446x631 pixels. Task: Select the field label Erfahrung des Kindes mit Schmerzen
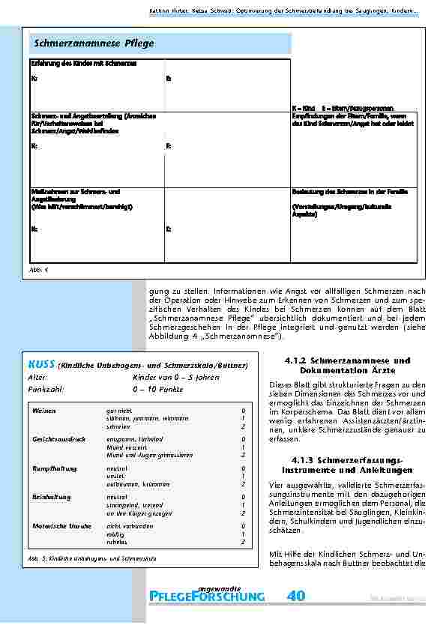point(83,64)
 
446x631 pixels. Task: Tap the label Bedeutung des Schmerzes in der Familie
point(349,192)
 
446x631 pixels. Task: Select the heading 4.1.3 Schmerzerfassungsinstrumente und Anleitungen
point(343,464)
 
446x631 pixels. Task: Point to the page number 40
point(295,596)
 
